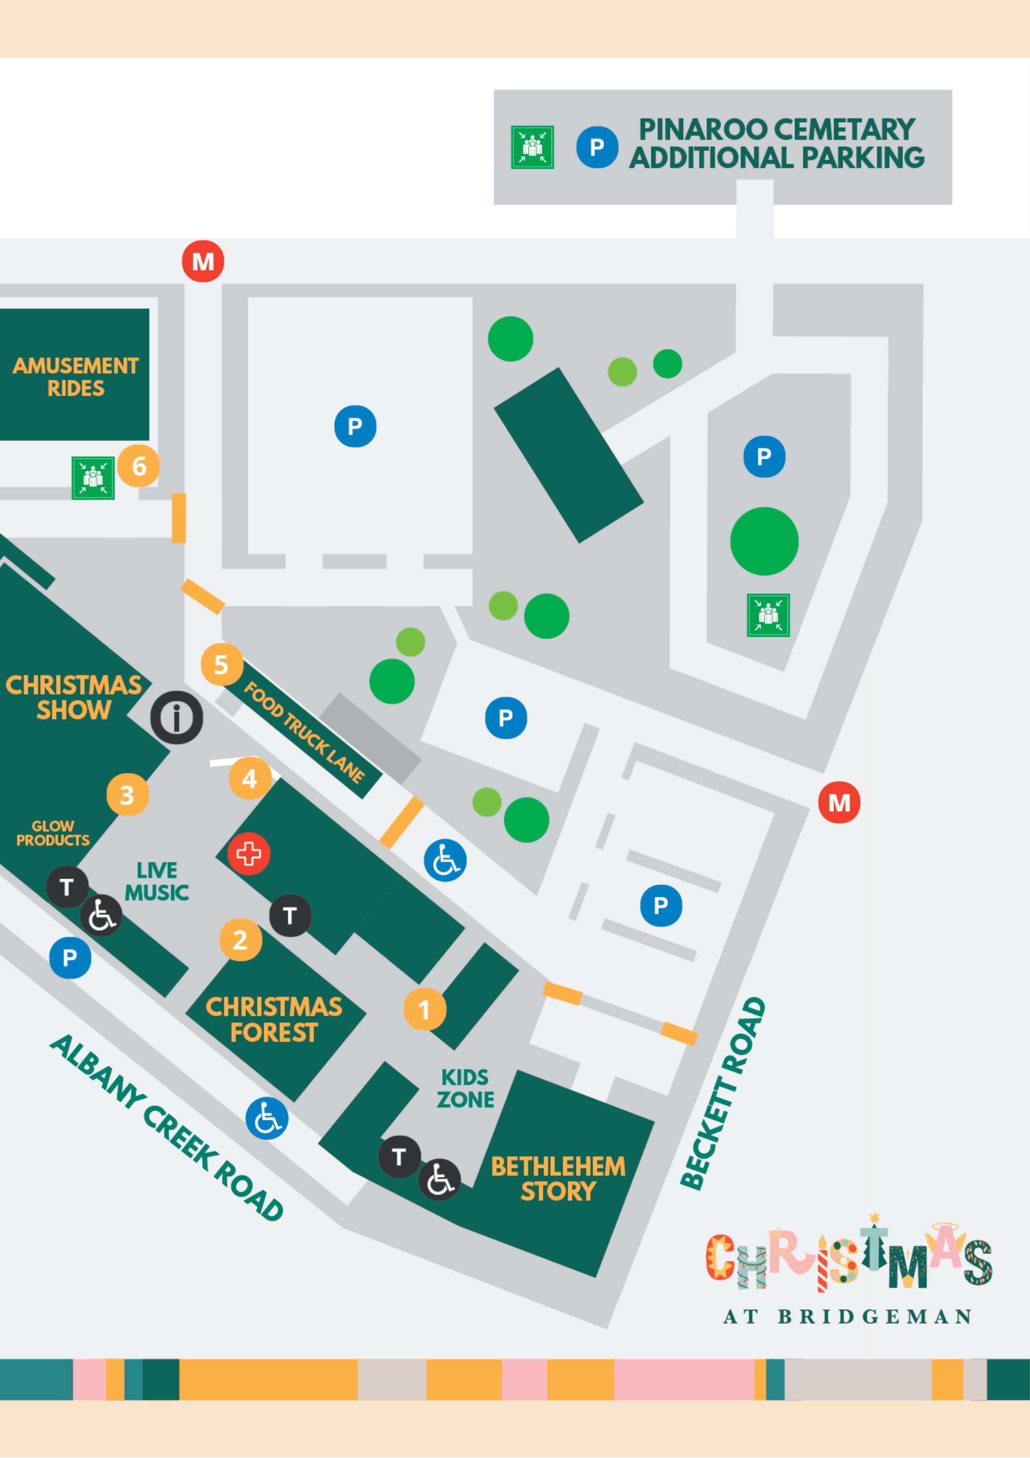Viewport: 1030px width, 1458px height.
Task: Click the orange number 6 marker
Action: [x=138, y=466]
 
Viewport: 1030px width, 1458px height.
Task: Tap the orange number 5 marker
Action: [x=221, y=664]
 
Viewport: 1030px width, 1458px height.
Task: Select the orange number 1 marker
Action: [x=425, y=1009]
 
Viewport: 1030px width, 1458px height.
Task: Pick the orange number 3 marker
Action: [x=127, y=794]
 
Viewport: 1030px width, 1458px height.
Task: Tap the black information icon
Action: [x=176, y=718]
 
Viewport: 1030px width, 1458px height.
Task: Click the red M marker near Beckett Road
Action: [x=839, y=803]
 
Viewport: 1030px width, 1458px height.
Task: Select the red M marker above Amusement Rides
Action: [x=203, y=261]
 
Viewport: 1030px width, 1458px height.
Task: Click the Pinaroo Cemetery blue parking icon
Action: [x=597, y=148]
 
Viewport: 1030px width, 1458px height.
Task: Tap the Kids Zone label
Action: [x=465, y=1088]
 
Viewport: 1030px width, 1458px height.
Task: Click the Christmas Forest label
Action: [x=274, y=1019]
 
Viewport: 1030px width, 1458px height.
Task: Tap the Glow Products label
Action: [x=53, y=833]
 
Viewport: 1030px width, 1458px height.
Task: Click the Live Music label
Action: [x=157, y=881]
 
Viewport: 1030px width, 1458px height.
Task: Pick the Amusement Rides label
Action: [x=76, y=376]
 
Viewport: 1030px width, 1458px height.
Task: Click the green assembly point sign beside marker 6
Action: [x=93, y=477]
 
